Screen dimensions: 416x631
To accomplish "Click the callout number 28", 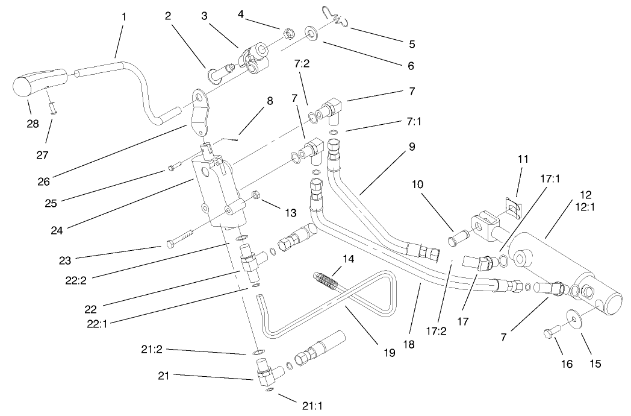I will [x=33, y=124].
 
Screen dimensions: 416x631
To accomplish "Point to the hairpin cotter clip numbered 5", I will [x=334, y=19].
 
